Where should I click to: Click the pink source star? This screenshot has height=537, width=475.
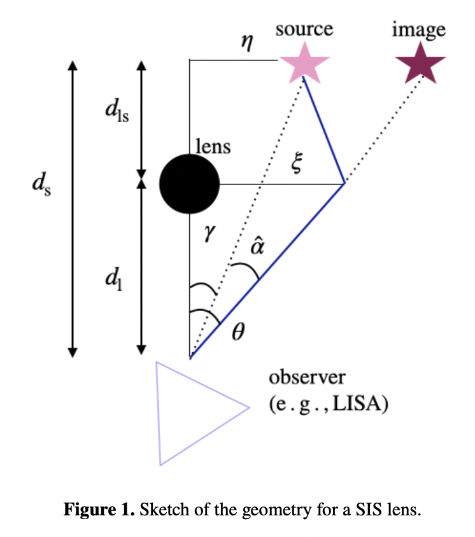[303, 62]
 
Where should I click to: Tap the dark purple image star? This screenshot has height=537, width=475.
[420, 64]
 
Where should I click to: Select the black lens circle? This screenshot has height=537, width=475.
[189, 185]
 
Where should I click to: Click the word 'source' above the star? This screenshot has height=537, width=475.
[304, 29]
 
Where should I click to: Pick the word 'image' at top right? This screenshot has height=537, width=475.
[418, 29]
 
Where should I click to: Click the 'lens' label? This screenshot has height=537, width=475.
[213, 147]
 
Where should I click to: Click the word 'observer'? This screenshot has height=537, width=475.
[307, 377]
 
